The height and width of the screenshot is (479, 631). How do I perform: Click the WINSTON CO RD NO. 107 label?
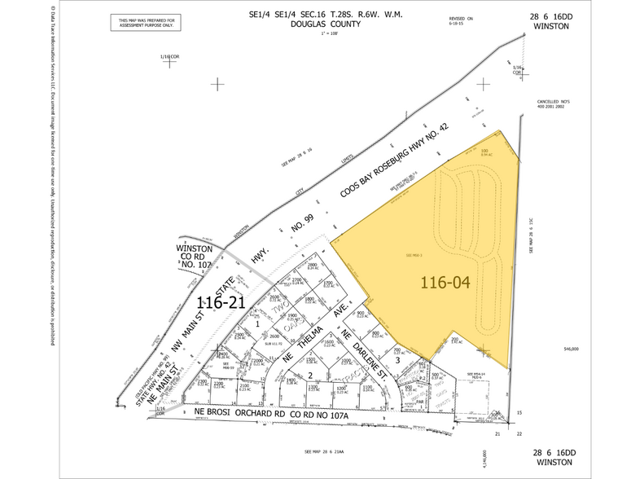194,256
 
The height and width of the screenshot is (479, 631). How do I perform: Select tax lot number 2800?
311,265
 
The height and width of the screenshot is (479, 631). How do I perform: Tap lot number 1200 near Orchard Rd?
341,389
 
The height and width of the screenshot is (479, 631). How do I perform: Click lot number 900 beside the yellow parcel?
375,333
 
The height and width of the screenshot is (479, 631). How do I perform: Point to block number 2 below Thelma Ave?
310,374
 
